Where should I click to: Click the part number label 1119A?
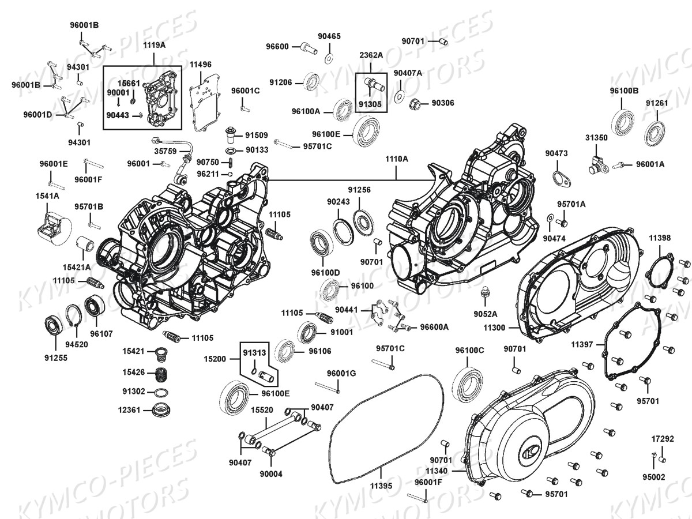pyautogui.click(x=155, y=44)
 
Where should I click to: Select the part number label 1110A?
pyautogui.click(x=397, y=159)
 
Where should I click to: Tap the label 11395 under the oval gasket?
pyautogui.click(x=381, y=486)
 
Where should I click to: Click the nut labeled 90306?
pyautogui.click(x=412, y=104)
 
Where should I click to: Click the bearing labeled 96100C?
pyautogui.click(x=468, y=382)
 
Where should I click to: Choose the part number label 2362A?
pyautogui.click(x=371, y=55)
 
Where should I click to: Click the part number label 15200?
pyautogui.click(x=215, y=359)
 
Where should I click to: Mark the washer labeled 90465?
pyautogui.click(x=329, y=58)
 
